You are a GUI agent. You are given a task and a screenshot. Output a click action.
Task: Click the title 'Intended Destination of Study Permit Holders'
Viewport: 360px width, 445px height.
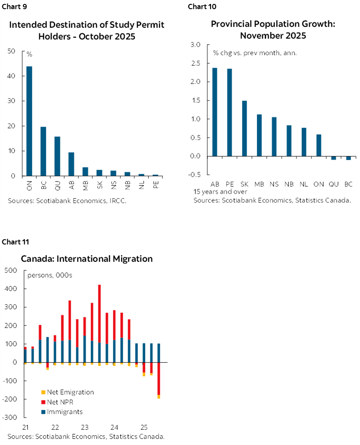[87, 30]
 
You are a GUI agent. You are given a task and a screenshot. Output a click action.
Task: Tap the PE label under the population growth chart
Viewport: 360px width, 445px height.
[230, 184]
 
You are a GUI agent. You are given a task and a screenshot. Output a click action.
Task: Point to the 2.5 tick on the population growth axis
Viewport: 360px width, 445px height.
[195, 64]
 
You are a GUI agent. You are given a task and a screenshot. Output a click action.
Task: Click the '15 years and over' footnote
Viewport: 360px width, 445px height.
[220, 191]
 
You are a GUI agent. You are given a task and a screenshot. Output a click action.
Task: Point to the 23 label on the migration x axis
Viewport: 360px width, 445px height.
[85, 427]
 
